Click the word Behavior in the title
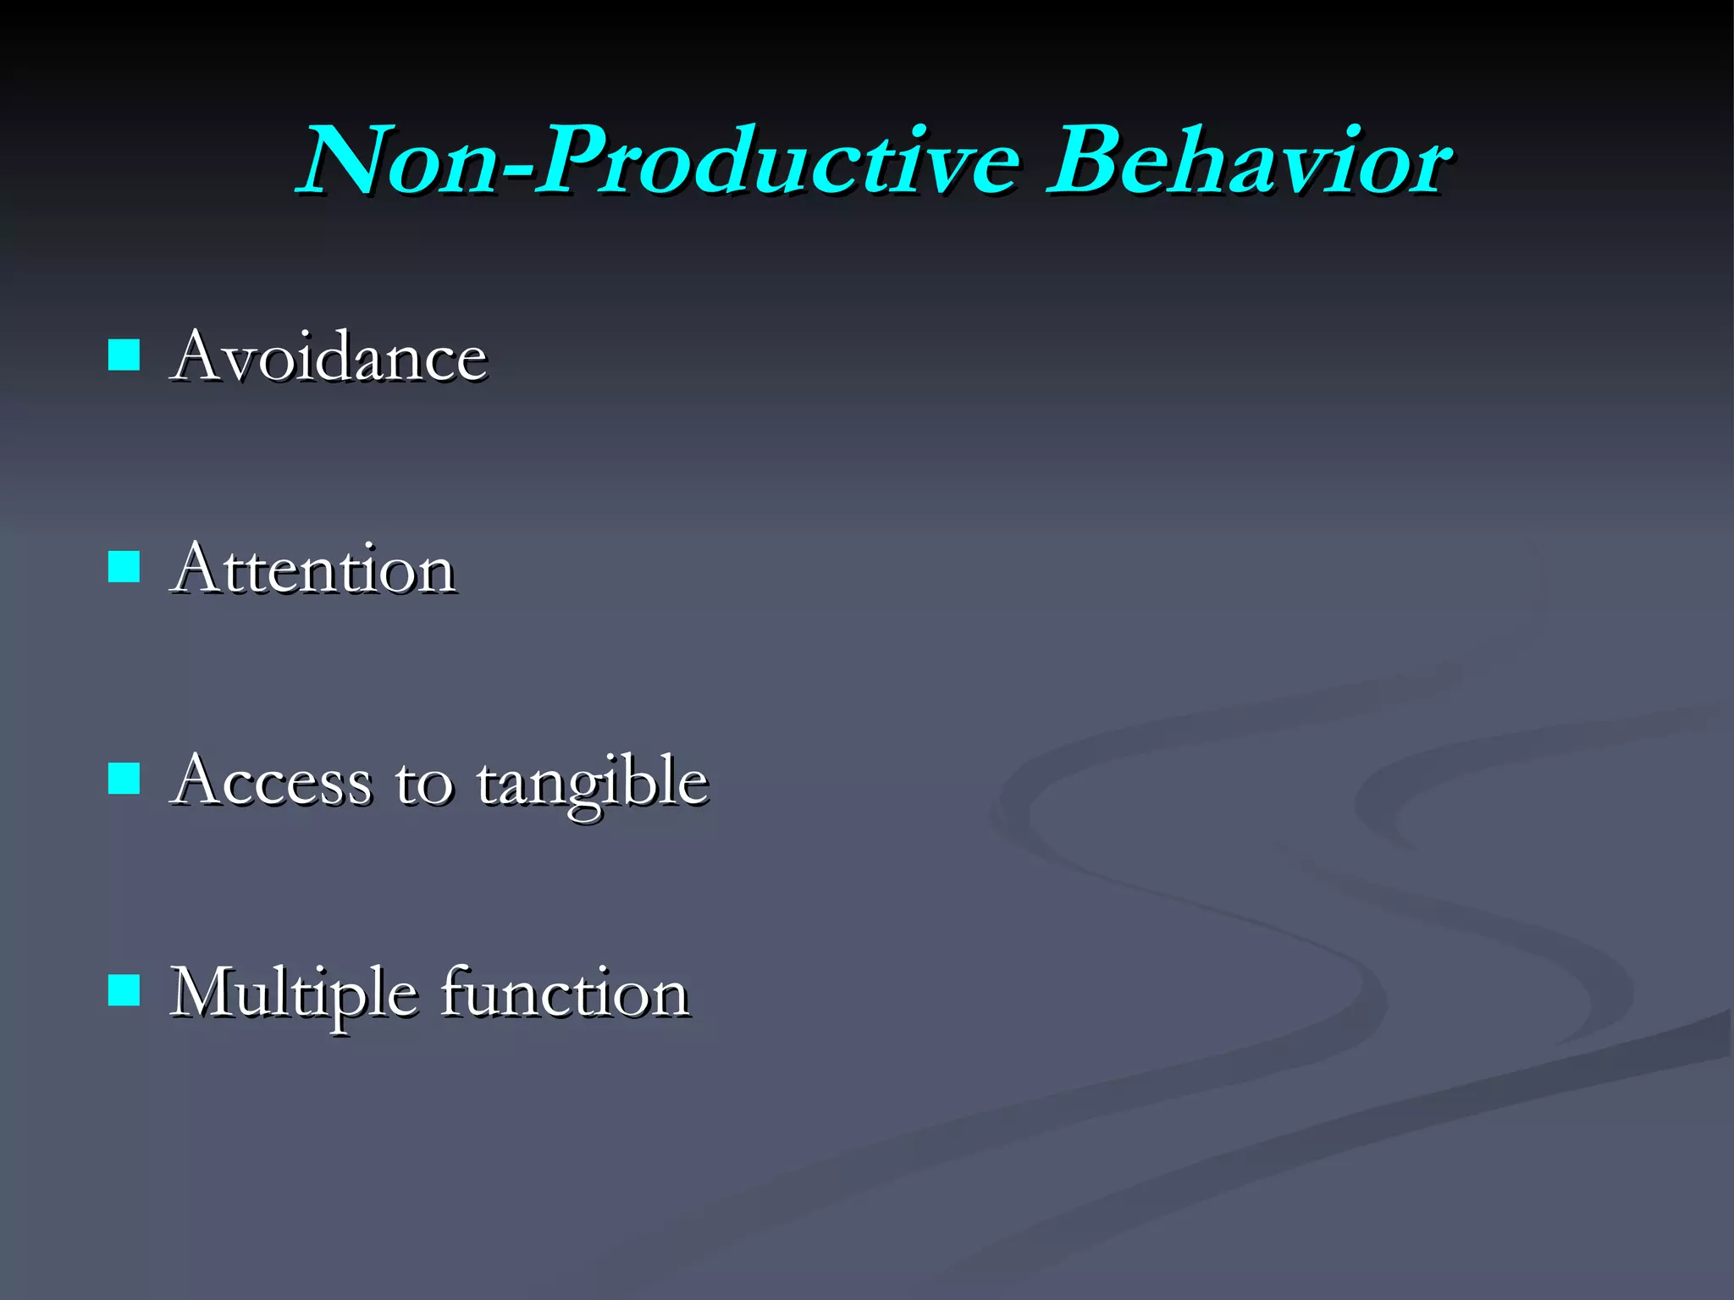click(1249, 161)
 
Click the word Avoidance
click(329, 356)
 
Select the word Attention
click(313, 569)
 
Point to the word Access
click(271, 780)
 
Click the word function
click(565, 992)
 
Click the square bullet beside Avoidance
click(124, 356)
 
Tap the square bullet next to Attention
click(124, 568)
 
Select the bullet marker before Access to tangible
click(124, 779)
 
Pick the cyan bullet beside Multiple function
click(124, 990)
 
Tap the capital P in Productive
click(576, 161)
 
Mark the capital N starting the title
click(343, 161)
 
